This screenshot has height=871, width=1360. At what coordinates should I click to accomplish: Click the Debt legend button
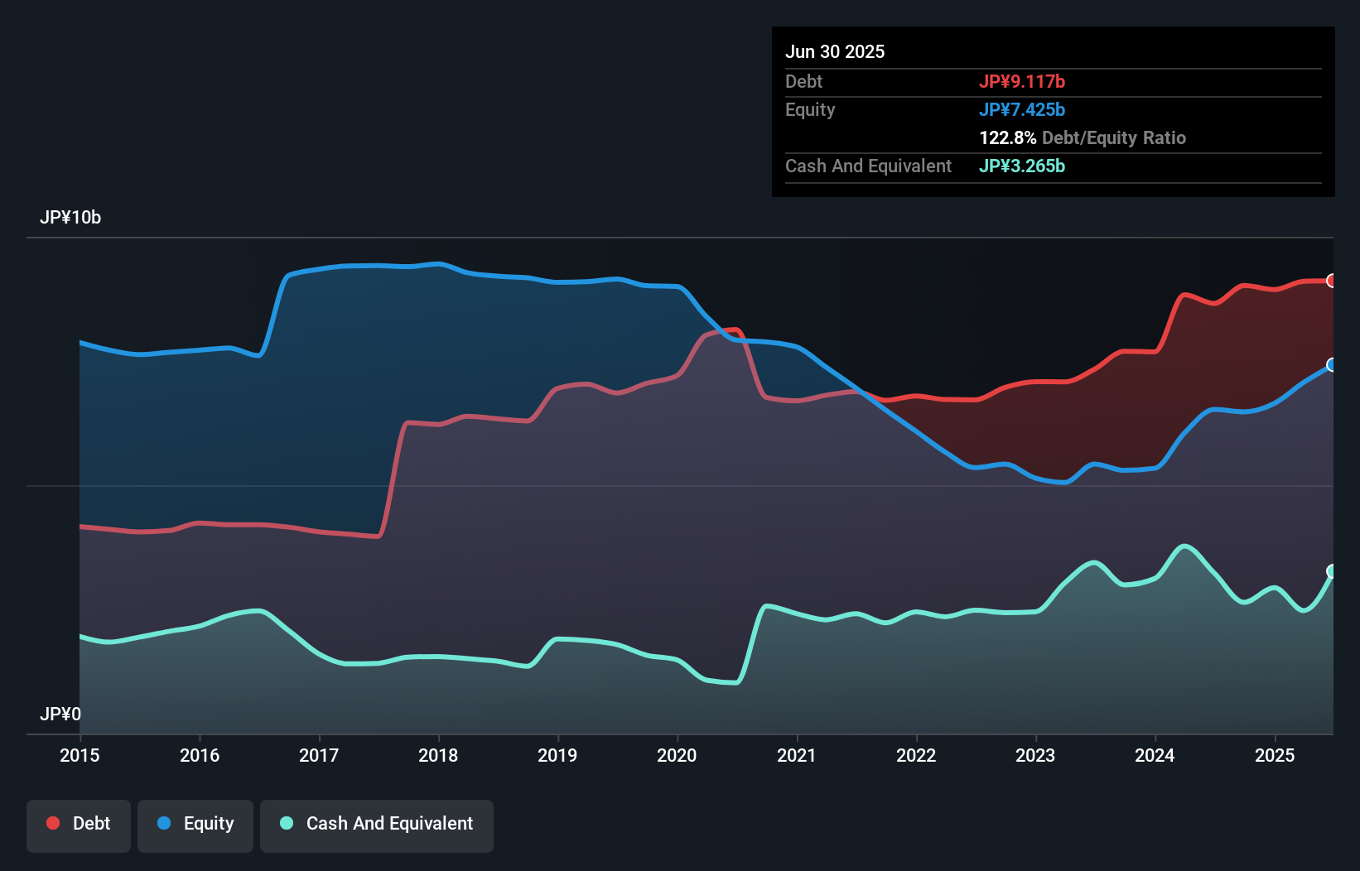click(x=79, y=825)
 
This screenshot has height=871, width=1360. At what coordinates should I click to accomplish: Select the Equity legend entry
click(x=195, y=825)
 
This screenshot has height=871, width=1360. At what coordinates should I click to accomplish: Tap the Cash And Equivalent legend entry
click(x=377, y=825)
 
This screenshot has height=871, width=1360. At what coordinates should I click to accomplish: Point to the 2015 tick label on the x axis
click(x=80, y=755)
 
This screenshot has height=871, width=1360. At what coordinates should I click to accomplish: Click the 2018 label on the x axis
click(x=438, y=755)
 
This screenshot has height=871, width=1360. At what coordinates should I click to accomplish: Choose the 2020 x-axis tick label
click(x=677, y=755)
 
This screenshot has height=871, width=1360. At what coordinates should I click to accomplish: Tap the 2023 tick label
click(x=1035, y=755)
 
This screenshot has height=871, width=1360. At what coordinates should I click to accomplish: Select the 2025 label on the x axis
click(x=1275, y=755)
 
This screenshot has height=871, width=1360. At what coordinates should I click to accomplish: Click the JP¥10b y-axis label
click(x=70, y=218)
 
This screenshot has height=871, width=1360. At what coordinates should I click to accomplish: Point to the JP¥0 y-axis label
click(x=60, y=714)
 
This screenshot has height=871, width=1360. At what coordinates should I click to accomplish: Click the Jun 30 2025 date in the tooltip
click(x=835, y=52)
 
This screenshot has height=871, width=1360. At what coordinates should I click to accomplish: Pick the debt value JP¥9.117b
click(x=1022, y=82)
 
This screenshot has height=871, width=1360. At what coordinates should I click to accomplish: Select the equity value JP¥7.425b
click(x=1022, y=110)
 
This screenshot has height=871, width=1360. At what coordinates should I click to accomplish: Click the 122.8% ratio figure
click(x=1007, y=138)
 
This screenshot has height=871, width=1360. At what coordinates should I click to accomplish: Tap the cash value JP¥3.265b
click(x=1022, y=166)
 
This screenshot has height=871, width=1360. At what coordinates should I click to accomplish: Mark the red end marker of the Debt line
click(x=1331, y=281)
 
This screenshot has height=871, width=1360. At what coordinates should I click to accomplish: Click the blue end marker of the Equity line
click(x=1331, y=365)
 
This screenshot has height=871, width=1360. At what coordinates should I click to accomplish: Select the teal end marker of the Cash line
click(x=1331, y=571)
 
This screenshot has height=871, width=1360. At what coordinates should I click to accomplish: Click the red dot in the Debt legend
click(x=53, y=823)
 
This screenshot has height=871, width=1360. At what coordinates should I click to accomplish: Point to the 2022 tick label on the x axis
click(x=916, y=755)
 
